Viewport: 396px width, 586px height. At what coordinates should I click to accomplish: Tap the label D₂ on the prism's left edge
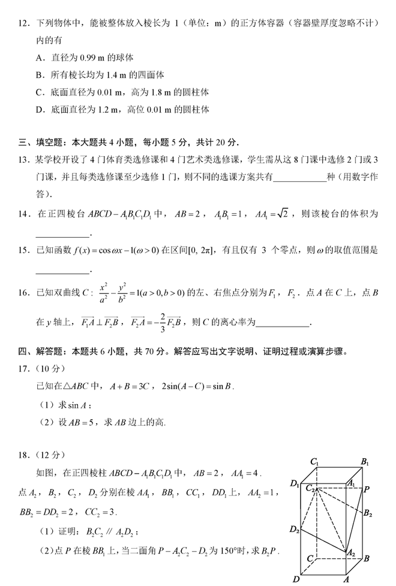pyautogui.click(x=294, y=529)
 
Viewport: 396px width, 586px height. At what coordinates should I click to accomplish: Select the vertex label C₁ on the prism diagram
pyautogui.click(x=313, y=462)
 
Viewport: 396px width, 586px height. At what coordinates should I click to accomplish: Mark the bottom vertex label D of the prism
pyautogui.click(x=296, y=579)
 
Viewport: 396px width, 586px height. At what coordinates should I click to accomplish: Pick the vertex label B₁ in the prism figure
pyautogui.click(x=364, y=462)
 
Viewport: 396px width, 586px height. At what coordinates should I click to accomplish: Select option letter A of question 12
pyautogui.click(x=39, y=58)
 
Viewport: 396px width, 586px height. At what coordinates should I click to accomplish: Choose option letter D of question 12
pyautogui.click(x=39, y=110)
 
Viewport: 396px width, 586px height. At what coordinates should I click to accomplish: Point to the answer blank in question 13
pyautogui.click(x=298, y=178)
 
